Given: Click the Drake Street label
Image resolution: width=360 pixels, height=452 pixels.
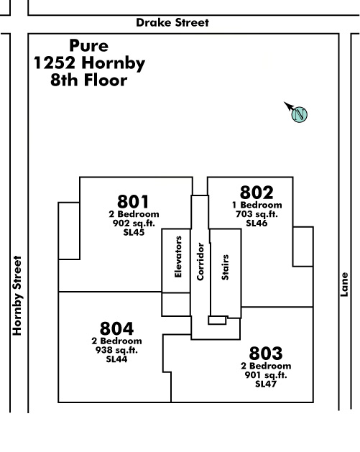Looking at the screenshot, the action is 172,22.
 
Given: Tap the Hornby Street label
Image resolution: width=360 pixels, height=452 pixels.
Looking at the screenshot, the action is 17,295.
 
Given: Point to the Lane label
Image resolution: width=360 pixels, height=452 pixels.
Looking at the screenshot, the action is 344,285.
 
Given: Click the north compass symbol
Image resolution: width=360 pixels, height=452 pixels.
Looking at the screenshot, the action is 296,112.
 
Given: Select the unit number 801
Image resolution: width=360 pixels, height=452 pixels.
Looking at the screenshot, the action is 133,201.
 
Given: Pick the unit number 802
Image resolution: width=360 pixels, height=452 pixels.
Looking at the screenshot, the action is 257,193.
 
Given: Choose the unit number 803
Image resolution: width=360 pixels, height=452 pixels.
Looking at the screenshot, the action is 266,353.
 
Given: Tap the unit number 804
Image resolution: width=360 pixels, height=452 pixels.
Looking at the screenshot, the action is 116,328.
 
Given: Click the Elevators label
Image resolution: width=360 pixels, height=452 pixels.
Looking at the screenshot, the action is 178,257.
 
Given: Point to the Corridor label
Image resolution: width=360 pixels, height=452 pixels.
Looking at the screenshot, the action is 200,262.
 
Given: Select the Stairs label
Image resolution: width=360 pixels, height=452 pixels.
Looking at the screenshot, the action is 225,267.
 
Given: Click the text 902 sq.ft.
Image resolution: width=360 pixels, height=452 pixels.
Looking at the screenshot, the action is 134,223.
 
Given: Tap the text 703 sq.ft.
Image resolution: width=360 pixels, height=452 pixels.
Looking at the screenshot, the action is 257,214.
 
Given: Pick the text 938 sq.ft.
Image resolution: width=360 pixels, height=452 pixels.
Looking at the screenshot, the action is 116,350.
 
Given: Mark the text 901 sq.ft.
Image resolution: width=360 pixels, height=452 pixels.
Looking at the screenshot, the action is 266,374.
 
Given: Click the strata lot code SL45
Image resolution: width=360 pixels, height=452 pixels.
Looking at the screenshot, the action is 134,232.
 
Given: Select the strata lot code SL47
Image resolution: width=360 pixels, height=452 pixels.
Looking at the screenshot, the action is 266,384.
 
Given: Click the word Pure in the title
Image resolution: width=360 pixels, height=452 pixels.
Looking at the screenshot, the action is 89,45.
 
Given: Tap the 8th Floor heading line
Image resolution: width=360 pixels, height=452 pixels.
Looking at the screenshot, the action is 89,80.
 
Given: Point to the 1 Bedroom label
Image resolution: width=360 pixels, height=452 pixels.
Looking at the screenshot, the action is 257,205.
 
